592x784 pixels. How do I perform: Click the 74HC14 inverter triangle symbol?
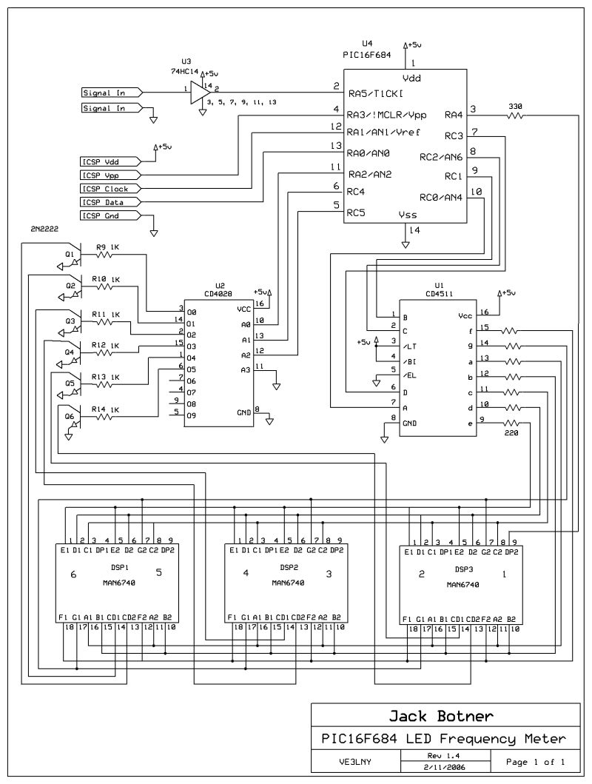tap(197, 92)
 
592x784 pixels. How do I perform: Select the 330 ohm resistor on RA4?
tap(515, 115)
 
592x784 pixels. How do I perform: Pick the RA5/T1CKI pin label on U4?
tap(376, 94)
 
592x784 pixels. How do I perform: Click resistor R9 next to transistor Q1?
tap(106, 255)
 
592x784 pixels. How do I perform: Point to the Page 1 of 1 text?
tap(536, 761)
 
